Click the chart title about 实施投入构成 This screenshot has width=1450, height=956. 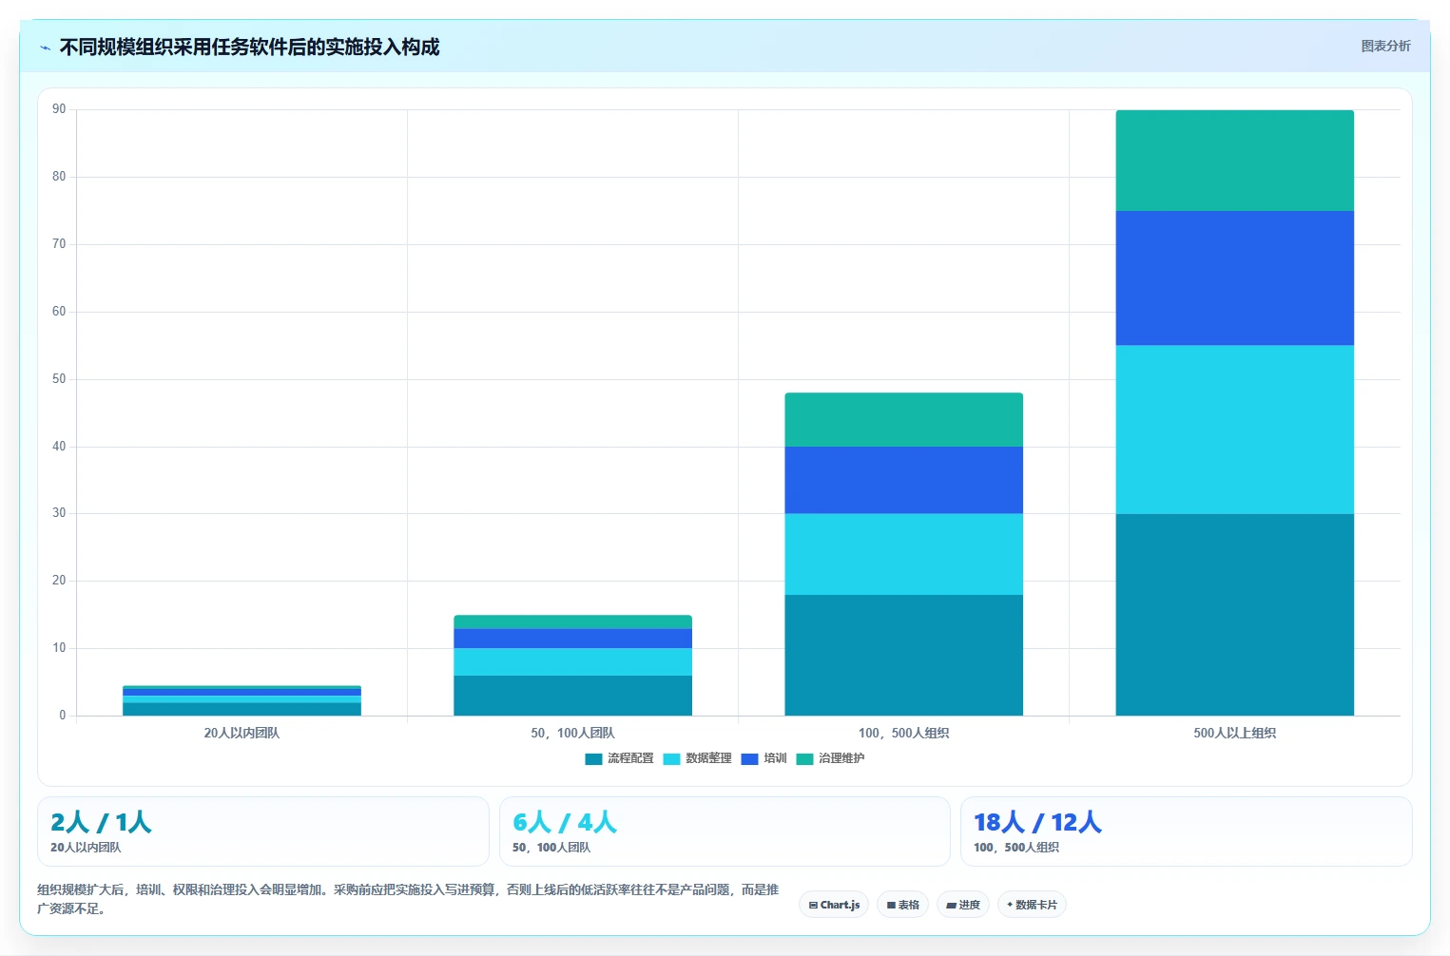tap(249, 48)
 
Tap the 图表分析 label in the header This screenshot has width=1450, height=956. tap(1385, 46)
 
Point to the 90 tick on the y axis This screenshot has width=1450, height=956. tap(59, 108)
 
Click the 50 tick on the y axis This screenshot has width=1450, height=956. tap(59, 378)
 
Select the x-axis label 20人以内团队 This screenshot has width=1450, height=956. tap(242, 733)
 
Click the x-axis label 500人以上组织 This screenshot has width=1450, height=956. tap(1234, 733)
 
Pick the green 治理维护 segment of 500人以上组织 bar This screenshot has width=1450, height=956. tap(1234, 161)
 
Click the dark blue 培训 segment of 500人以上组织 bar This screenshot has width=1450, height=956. tap(1234, 278)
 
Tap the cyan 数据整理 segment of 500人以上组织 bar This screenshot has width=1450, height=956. tap(1234, 430)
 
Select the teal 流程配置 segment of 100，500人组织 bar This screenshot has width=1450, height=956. tap(903, 655)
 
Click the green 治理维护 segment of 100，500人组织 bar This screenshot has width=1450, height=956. tap(903, 420)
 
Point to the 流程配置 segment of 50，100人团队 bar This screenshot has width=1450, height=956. tap(573, 696)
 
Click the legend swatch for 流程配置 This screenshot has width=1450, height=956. tap(593, 758)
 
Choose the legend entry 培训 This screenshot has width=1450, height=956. tap(764, 758)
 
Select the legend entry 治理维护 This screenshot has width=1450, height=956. tap(830, 758)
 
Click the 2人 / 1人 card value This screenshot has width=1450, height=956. tap(101, 822)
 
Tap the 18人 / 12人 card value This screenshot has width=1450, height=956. tap(1037, 822)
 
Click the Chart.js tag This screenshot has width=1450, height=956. tap(834, 905)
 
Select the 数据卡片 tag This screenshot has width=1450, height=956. tap(1032, 905)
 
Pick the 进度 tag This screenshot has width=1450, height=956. tap(962, 905)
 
